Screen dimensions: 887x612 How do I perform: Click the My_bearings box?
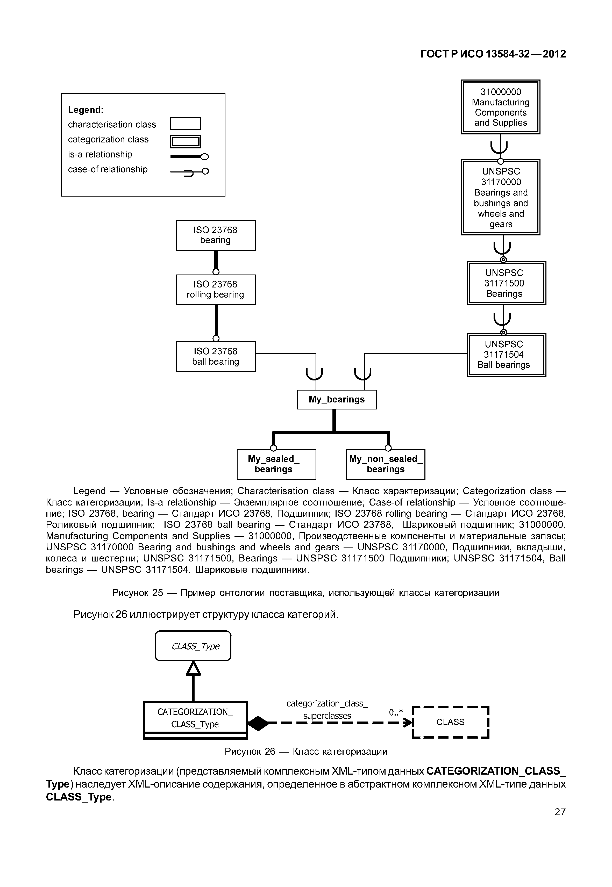pyautogui.click(x=337, y=399)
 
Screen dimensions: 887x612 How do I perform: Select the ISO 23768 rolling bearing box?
pyautogui.click(x=216, y=290)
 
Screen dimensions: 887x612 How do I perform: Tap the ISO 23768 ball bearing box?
pyautogui.click(x=216, y=357)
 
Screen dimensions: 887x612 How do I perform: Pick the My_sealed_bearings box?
pyautogui.click(x=276, y=464)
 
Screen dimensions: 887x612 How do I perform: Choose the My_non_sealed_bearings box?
pyautogui.click(x=385, y=464)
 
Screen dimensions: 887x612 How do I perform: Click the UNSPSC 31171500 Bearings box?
pyautogui.click(x=506, y=283)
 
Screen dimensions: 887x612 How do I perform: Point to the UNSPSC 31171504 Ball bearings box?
pyautogui.click(x=506, y=355)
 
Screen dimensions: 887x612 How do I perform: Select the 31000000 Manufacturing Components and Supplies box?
pyautogui.click(x=500, y=107)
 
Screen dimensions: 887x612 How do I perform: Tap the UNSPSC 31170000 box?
pyautogui.click(x=500, y=197)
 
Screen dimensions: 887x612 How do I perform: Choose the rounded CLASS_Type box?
pyautogui.click(x=193, y=646)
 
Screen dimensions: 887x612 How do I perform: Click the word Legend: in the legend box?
pyautogui.click(x=86, y=110)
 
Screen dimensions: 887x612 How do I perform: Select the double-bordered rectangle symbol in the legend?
pyautogui.click(x=186, y=142)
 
